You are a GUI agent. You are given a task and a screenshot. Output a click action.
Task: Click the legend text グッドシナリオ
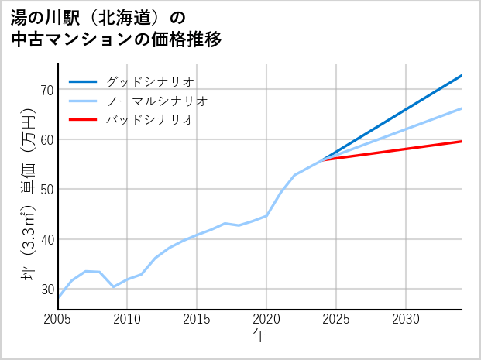click(x=149, y=81)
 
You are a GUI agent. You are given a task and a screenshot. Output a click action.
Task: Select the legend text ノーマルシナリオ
click(x=156, y=101)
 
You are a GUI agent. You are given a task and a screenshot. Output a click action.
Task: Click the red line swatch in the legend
click(x=83, y=120)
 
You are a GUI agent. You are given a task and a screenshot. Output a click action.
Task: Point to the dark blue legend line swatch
click(x=83, y=81)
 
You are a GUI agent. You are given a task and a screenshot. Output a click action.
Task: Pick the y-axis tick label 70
click(x=46, y=90)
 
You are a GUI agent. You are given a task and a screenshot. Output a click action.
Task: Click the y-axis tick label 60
click(x=46, y=139)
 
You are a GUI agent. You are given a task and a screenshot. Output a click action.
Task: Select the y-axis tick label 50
click(x=46, y=190)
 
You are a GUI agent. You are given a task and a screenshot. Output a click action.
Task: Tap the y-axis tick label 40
click(x=46, y=239)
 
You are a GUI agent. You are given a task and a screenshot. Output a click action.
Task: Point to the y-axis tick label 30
click(x=46, y=289)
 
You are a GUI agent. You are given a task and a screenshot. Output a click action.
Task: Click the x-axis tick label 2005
click(x=58, y=319)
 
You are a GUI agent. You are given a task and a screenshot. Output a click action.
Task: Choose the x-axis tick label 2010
click(x=127, y=319)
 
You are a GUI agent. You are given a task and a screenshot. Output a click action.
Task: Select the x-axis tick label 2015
click(x=197, y=319)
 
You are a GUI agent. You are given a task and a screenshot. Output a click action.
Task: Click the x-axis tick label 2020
click(x=266, y=319)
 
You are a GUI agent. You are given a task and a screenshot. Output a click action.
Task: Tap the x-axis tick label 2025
click(x=336, y=319)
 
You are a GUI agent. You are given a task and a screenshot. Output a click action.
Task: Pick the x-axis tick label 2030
click(x=406, y=319)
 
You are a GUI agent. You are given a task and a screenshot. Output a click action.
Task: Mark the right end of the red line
click(x=461, y=141)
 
